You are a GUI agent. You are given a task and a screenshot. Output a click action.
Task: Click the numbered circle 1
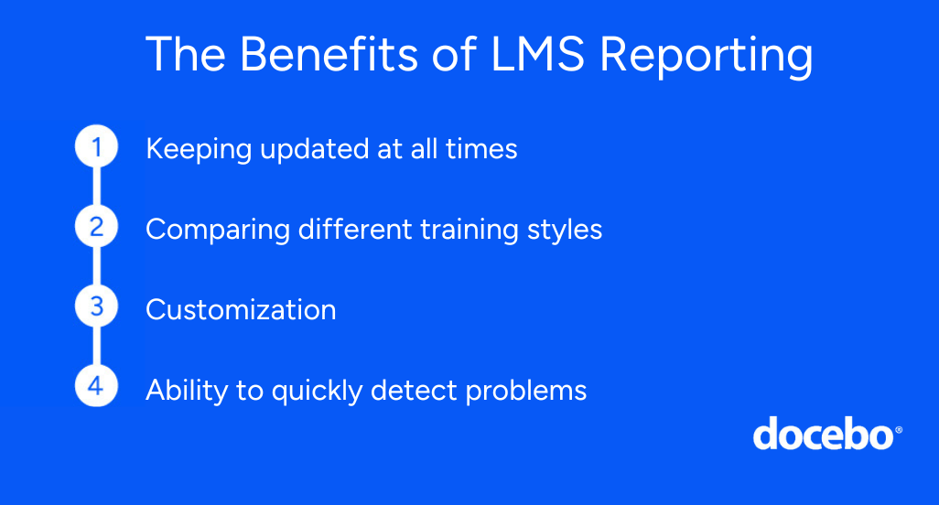coord(96,146)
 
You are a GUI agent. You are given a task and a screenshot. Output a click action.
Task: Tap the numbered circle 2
coord(96,226)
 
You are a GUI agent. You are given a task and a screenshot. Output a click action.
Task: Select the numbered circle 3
coord(96,306)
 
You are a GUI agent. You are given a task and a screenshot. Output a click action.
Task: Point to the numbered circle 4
coord(96,386)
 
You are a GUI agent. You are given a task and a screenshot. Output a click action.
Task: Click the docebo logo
coord(827,434)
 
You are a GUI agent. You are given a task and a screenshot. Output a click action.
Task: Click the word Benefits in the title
coord(329,55)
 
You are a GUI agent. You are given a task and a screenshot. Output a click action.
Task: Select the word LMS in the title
coord(537,55)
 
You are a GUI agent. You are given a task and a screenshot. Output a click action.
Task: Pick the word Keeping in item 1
coord(199,150)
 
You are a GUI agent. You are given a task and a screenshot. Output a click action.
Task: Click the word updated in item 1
coord(315,150)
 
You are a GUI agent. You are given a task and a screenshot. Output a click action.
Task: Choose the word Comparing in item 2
coord(218,231)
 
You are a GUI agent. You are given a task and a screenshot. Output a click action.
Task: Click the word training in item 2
coord(469,231)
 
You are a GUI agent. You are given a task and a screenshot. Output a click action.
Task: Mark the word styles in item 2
coord(565,231)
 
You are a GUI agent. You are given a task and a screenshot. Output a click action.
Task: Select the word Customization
coord(241,309)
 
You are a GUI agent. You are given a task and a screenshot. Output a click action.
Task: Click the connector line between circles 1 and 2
coord(96,186)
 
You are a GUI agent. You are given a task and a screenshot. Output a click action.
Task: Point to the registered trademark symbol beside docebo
coord(899,430)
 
